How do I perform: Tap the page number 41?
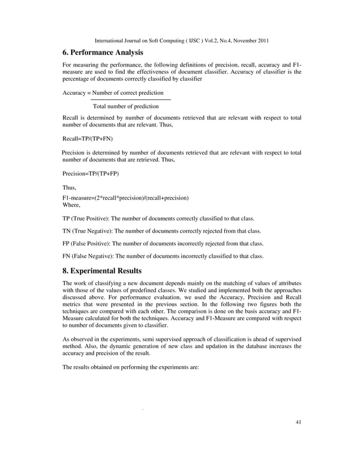pyautogui.click(x=298, y=422)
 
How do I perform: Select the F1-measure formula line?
pyautogui.click(x=125, y=198)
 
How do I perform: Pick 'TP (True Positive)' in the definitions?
pyautogui.click(x=86, y=218)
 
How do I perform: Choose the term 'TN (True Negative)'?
pyautogui.click(x=87, y=231)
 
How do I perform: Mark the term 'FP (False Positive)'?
pyautogui.click(x=86, y=244)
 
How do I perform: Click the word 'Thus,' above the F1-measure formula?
pyautogui.click(x=69, y=187)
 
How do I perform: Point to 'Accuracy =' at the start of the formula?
pyautogui.click(x=77, y=93)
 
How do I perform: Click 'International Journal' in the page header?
pyautogui.click(x=119, y=41)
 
